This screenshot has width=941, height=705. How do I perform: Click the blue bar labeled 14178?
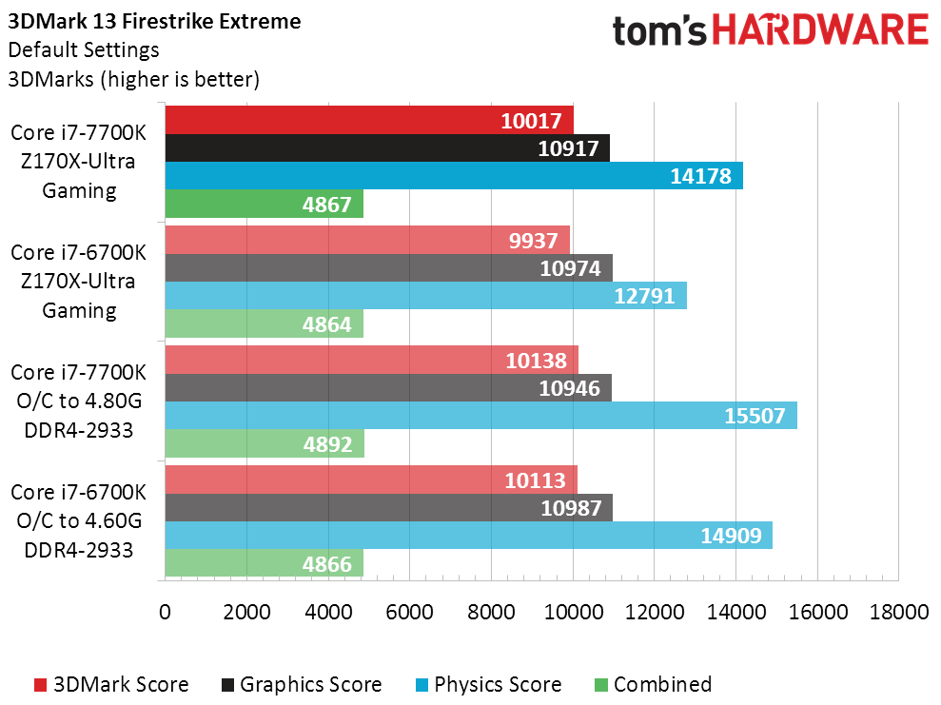[453, 176]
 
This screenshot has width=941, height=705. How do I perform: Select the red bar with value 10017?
[369, 121]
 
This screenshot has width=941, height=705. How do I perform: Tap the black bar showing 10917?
[386, 148]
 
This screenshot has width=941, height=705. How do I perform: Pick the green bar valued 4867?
[264, 204]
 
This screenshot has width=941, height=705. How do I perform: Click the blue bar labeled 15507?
[480, 416]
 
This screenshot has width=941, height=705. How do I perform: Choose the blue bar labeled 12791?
[425, 296]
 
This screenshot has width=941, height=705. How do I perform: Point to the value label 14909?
[731, 536]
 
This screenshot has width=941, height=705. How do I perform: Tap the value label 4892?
[328, 444]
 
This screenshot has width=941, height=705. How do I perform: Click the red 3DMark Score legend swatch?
[40, 685]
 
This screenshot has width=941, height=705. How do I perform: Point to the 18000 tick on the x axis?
[898, 612]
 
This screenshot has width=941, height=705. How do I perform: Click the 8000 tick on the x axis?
[491, 612]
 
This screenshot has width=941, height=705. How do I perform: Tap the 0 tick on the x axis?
[166, 612]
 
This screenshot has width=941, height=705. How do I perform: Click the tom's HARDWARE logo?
[770, 31]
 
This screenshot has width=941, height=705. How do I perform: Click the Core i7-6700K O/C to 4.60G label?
[80, 520]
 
